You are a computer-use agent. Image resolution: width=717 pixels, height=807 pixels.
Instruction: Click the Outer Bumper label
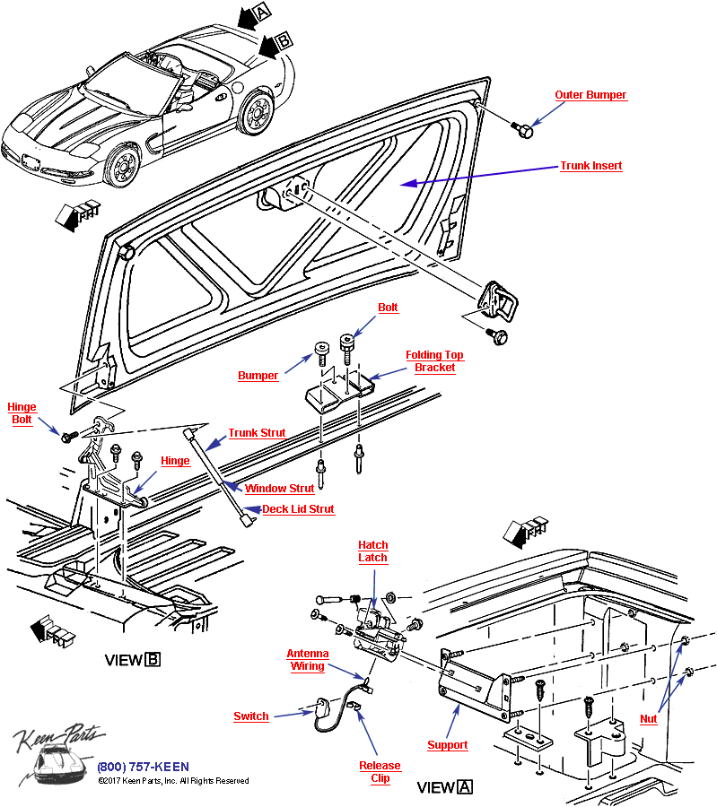[x=590, y=95]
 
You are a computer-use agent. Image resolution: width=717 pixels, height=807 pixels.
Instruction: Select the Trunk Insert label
[x=590, y=166]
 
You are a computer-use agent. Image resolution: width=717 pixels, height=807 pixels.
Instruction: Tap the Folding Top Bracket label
[x=434, y=360]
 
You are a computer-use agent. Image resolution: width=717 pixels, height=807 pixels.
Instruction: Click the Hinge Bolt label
[x=22, y=413]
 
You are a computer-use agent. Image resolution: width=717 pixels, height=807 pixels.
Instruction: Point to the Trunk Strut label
[x=257, y=433]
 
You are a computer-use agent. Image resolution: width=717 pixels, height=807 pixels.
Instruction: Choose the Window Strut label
[x=280, y=489]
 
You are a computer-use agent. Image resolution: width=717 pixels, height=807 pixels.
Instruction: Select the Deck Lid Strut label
[x=298, y=509]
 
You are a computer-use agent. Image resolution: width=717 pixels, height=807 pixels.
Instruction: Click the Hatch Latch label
[x=372, y=551]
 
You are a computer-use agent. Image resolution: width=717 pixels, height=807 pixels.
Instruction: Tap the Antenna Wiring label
[x=307, y=660]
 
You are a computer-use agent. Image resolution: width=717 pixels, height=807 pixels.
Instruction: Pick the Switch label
[x=251, y=716]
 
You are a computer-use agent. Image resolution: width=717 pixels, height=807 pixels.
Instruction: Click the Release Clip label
[x=380, y=772]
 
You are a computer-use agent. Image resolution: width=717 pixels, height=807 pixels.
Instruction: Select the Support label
[x=447, y=745]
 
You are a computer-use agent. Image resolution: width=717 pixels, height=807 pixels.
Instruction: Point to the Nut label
[x=648, y=719]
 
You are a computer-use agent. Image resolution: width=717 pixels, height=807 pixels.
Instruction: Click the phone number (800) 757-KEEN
[x=144, y=767]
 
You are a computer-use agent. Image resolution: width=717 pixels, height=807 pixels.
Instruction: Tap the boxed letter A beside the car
[x=261, y=11]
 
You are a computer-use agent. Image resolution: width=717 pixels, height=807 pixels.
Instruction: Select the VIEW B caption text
[x=133, y=660]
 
